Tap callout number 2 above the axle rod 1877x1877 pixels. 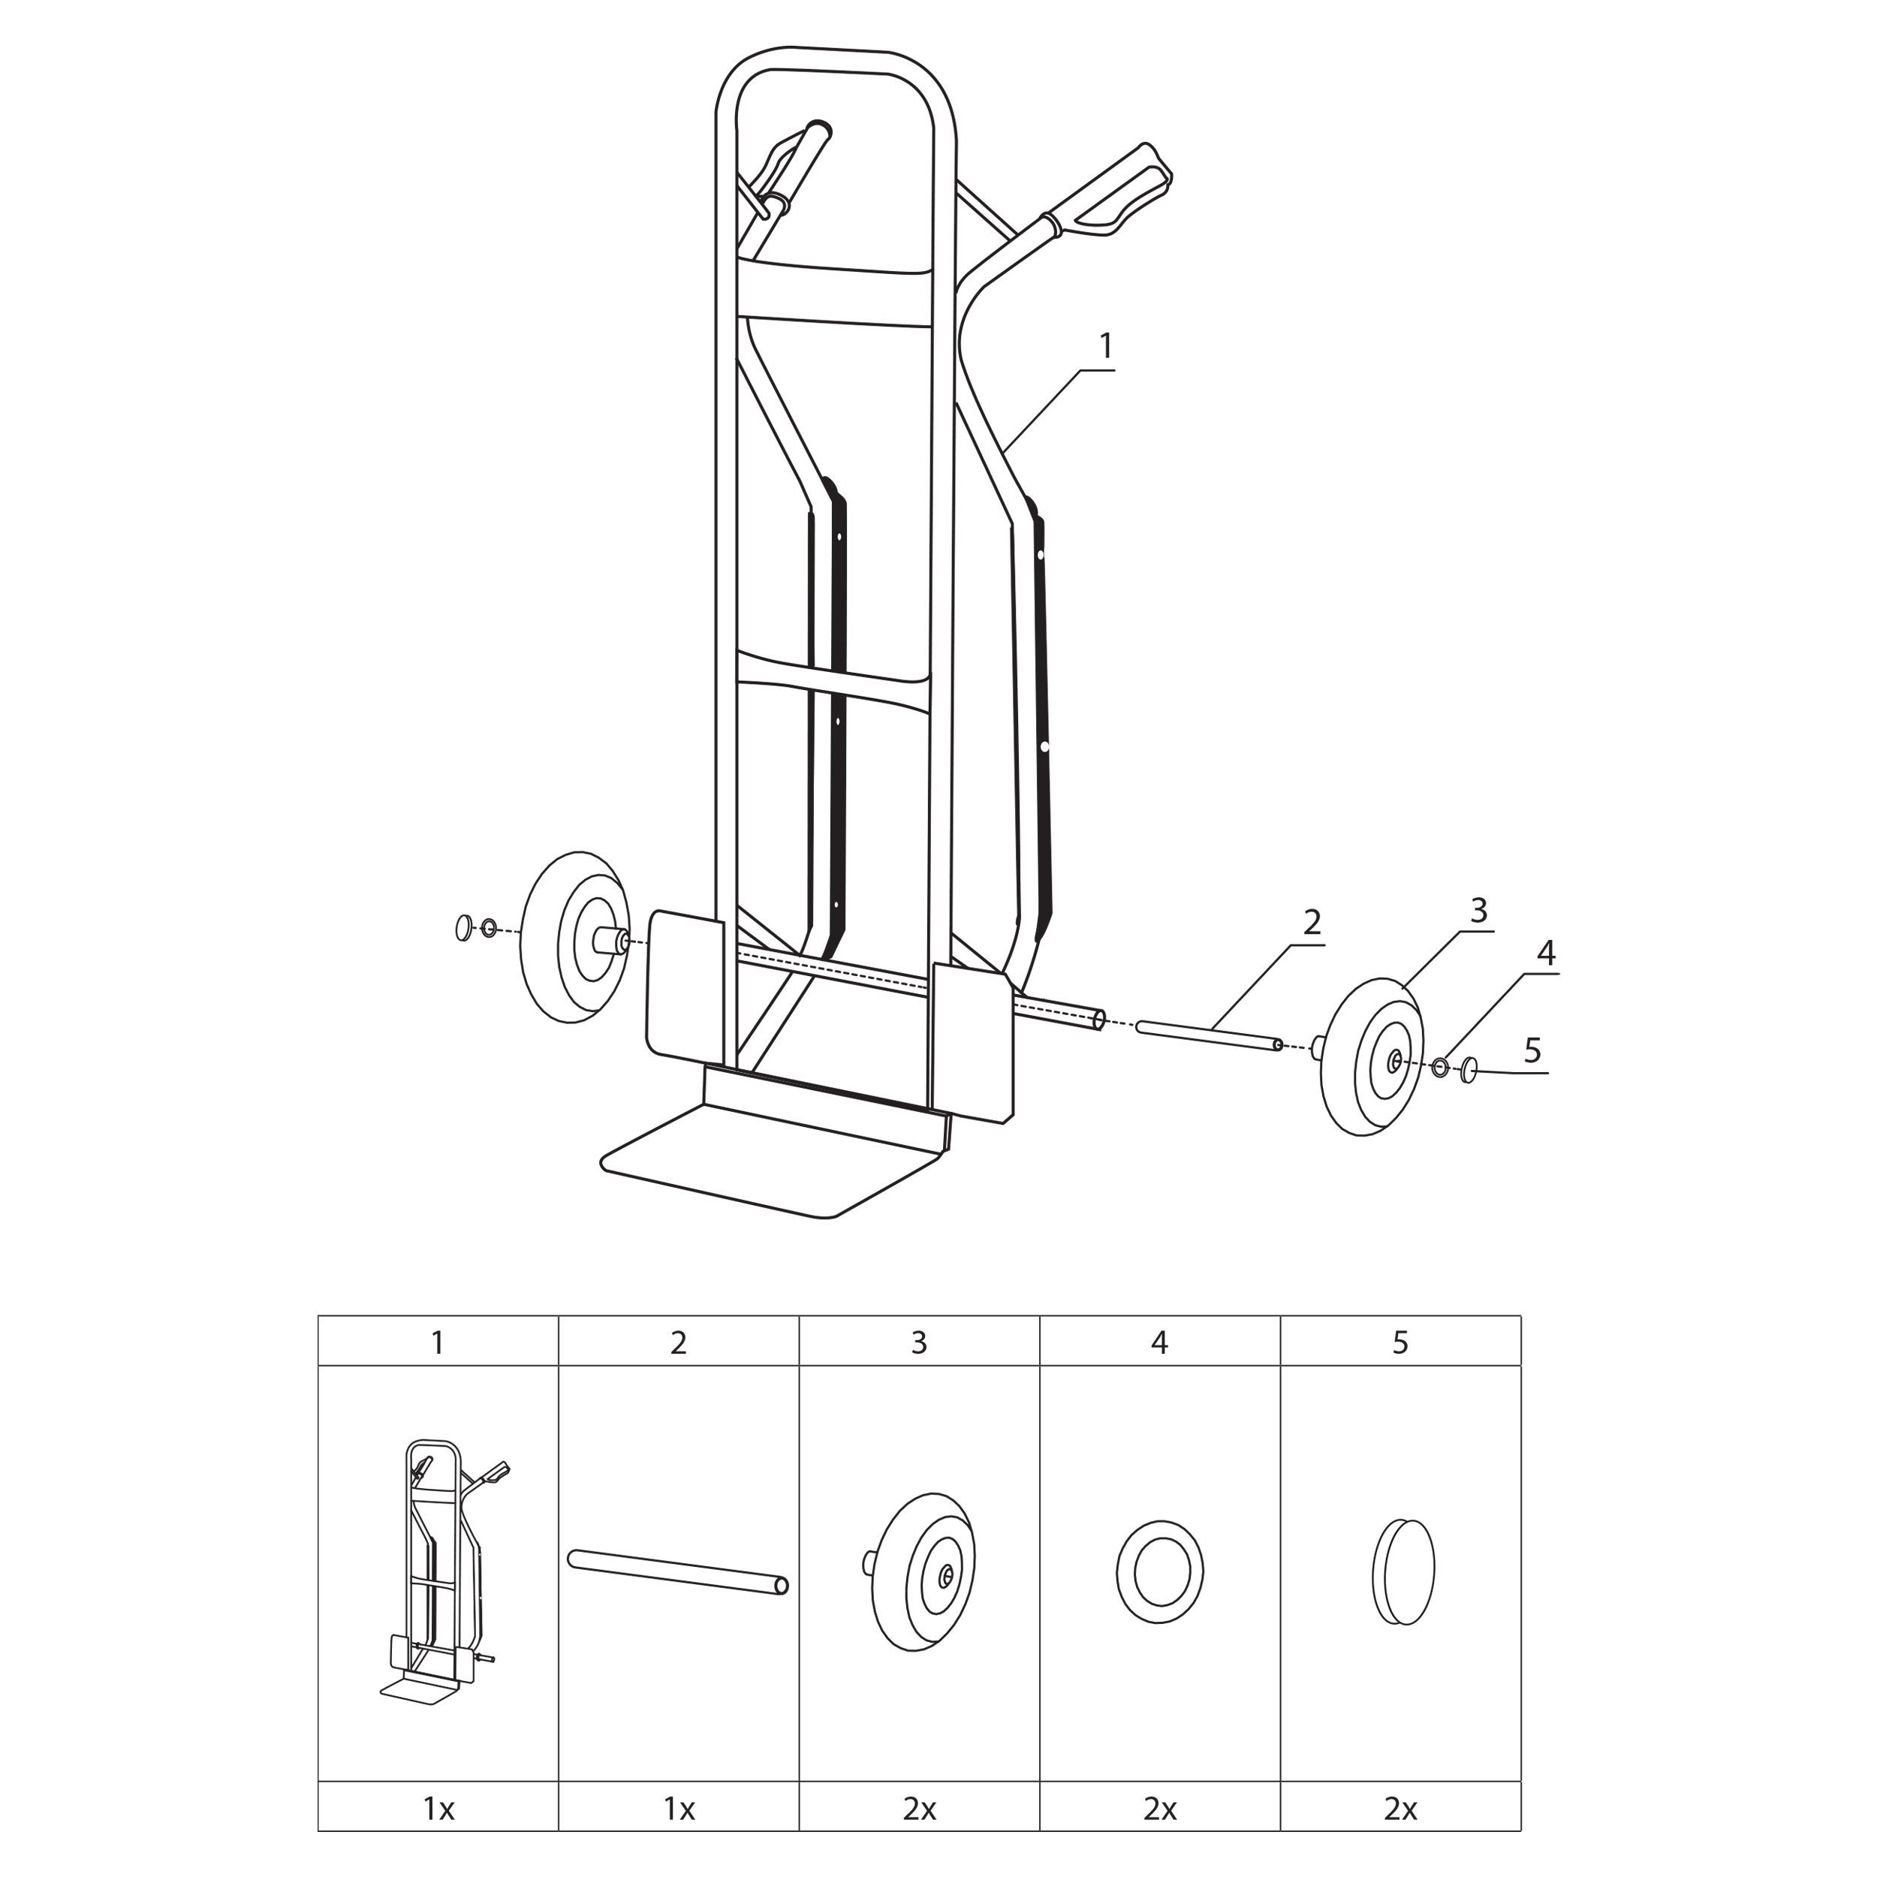[x=1312, y=922]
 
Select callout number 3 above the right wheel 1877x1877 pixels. [x=1478, y=910]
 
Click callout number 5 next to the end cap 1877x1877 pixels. [x=1533, y=1050]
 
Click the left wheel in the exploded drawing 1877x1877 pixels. [x=573, y=938]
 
